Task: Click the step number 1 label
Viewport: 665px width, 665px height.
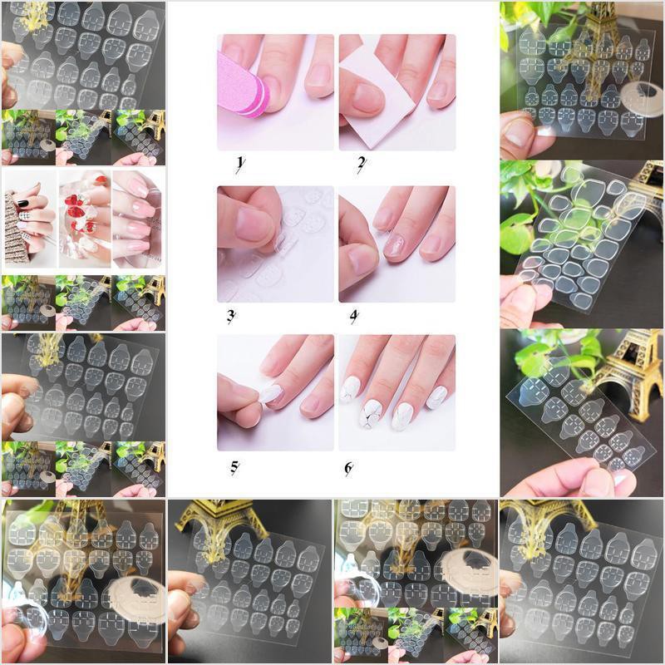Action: click(239, 164)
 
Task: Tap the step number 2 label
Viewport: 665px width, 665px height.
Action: click(361, 164)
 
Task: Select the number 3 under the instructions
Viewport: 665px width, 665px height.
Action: click(232, 315)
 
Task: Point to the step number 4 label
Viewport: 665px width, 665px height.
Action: click(354, 315)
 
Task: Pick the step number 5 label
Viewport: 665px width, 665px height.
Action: click(234, 467)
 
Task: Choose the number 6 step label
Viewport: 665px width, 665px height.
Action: click(349, 467)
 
